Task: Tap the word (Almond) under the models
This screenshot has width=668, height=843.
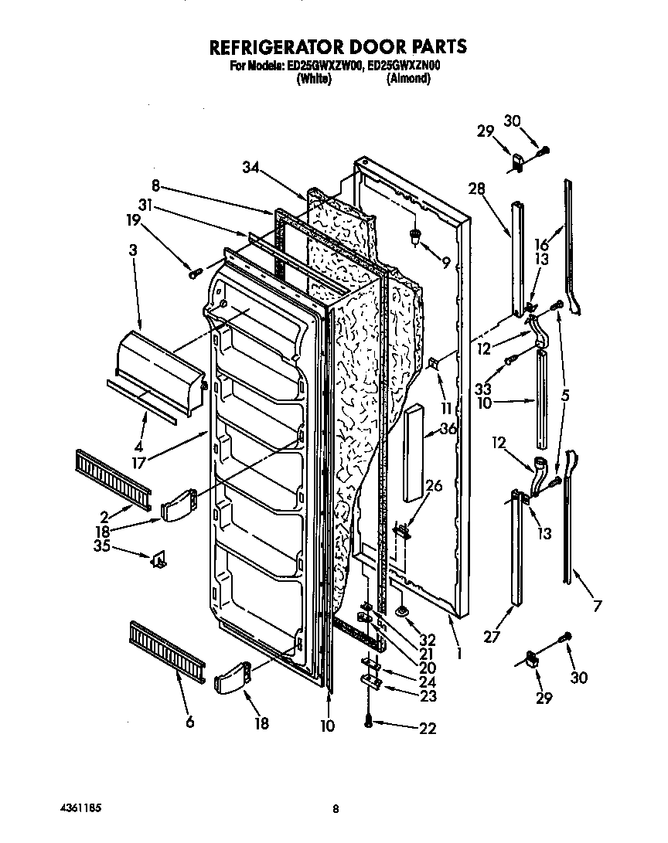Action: [x=408, y=79]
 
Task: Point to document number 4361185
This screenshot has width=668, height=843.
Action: [x=80, y=808]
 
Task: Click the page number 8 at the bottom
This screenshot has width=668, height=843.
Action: [x=336, y=809]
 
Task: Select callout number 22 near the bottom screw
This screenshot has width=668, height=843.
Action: [x=426, y=728]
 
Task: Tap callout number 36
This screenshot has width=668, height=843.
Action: [x=448, y=430]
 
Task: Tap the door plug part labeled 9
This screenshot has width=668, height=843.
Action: [x=417, y=235]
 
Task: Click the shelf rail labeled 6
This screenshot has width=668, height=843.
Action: [x=166, y=645]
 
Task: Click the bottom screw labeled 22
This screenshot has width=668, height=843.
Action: [x=368, y=720]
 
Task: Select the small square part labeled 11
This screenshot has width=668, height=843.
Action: [x=435, y=363]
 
